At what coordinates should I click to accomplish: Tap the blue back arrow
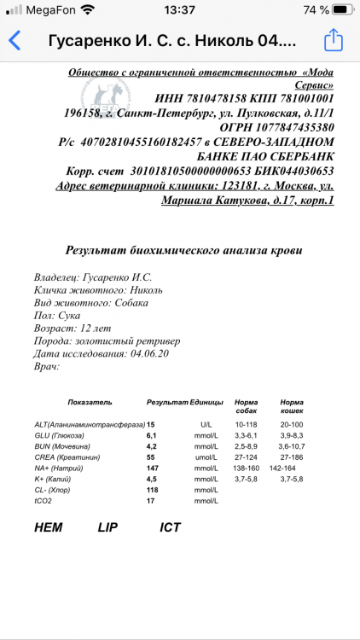15,41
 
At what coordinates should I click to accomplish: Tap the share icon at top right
334,40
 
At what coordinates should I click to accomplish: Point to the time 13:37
179,9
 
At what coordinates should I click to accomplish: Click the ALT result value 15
151,423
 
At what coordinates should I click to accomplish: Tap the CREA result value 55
151,457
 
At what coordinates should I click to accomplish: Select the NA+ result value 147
154,468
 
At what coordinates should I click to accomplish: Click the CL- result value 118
154,490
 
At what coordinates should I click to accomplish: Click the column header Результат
166,402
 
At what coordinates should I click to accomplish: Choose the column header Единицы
206,402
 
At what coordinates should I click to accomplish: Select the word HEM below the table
49,527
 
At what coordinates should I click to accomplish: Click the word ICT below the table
171,527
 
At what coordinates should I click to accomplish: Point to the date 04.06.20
152,352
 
